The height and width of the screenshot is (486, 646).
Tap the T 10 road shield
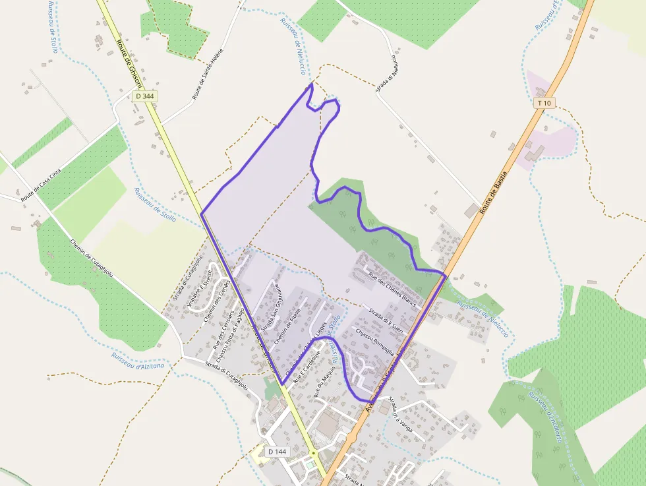pos(544,103)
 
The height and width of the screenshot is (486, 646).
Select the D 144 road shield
pos(278,452)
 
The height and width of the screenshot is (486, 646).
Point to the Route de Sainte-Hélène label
pos(208,74)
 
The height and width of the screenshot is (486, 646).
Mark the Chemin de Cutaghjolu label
pos(92,258)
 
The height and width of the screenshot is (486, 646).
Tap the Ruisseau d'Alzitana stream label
pos(138,360)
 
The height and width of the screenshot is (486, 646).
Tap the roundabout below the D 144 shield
pos(314,454)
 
